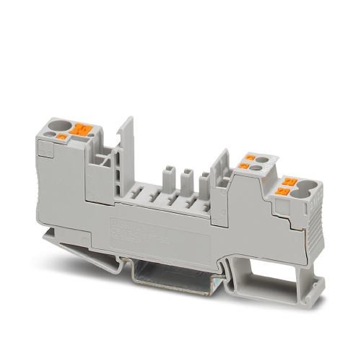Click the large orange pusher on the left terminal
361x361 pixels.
(x=82, y=129)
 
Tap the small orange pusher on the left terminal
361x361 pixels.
(x=63, y=136)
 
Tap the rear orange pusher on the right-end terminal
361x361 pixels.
(x=291, y=181)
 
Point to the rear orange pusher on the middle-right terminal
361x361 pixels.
(x=254, y=156)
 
